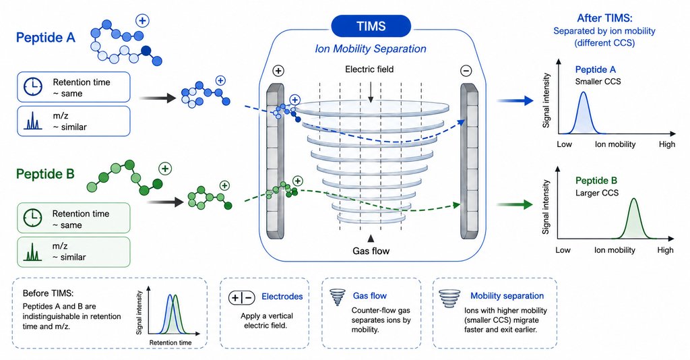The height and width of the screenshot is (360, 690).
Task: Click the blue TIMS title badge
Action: [x=371, y=26]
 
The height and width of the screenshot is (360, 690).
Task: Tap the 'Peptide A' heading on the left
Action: [x=46, y=37]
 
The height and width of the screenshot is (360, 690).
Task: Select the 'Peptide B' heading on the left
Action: [x=45, y=174]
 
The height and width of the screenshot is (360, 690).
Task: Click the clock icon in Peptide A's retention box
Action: [x=33, y=87]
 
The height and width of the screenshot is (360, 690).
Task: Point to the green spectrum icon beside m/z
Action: [x=32, y=251]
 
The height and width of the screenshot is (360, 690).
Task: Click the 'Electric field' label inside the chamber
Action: [x=369, y=69]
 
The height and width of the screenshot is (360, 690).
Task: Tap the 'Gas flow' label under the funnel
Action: [x=371, y=251]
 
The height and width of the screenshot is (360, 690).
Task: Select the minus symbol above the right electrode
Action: [x=466, y=70]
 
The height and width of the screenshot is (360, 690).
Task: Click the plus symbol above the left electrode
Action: [x=278, y=70]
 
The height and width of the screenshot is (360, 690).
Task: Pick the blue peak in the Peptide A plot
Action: [x=584, y=113]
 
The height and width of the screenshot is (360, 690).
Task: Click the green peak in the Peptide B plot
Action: [x=633, y=218]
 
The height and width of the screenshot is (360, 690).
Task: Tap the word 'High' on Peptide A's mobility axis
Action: [x=667, y=144]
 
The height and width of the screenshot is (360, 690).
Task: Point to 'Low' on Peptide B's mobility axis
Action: [x=563, y=250]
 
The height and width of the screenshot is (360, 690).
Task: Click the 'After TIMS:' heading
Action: [x=604, y=18]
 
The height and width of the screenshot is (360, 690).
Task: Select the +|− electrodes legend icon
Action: [x=242, y=298]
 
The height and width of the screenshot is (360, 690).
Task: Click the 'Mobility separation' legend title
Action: [x=507, y=296]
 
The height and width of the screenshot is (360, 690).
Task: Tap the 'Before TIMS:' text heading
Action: [x=49, y=293]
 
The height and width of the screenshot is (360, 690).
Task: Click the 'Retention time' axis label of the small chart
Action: [x=170, y=342]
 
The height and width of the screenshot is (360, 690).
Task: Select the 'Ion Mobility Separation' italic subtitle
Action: [x=371, y=49]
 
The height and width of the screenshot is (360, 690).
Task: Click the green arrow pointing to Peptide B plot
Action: [x=514, y=205]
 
